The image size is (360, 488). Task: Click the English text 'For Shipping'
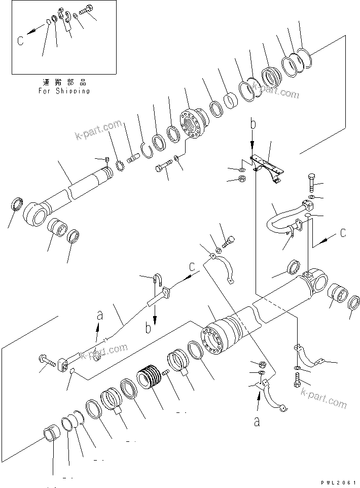(x=64, y=91)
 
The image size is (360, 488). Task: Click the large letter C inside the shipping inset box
(x=20, y=41)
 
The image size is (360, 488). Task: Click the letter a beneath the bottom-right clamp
(x=257, y=421)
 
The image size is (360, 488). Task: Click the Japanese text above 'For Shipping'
(x=63, y=82)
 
